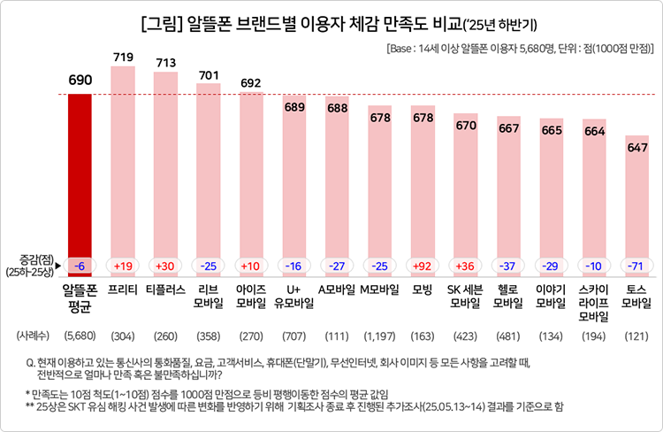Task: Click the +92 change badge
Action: (x=423, y=265)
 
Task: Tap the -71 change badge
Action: (x=636, y=265)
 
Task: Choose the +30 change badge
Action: (x=165, y=265)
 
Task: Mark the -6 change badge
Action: (x=80, y=265)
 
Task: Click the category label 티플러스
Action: (x=165, y=289)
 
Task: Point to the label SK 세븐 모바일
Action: (x=465, y=297)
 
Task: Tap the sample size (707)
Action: (x=293, y=336)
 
